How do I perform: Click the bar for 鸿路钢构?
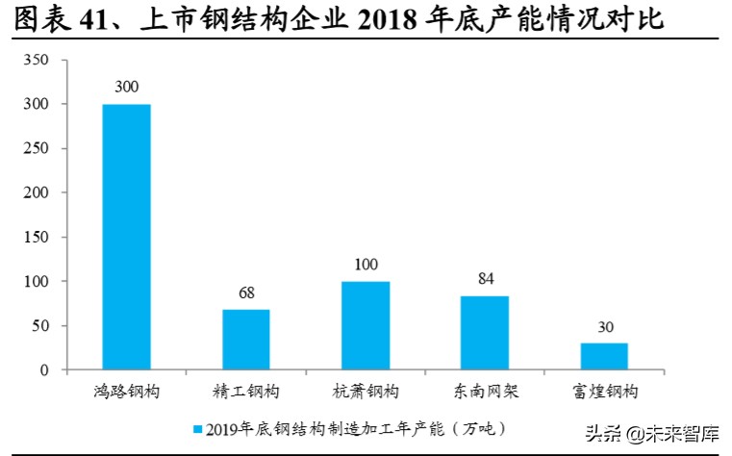point(126,237)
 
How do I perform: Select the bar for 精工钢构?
point(245,340)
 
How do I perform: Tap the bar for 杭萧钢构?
point(365,325)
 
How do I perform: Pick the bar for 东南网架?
point(484,333)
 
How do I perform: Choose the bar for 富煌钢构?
point(603,356)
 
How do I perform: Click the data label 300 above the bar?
point(126,87)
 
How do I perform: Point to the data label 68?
point(245,292)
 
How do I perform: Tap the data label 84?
point(484,279)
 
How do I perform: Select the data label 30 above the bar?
point(603,327)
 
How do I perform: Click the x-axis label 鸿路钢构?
point(126,392)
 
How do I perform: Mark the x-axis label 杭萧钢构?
point(365,392)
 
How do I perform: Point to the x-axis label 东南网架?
point(484,392)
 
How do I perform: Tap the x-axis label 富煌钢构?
point(603,392)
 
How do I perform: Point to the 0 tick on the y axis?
point(43,370)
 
